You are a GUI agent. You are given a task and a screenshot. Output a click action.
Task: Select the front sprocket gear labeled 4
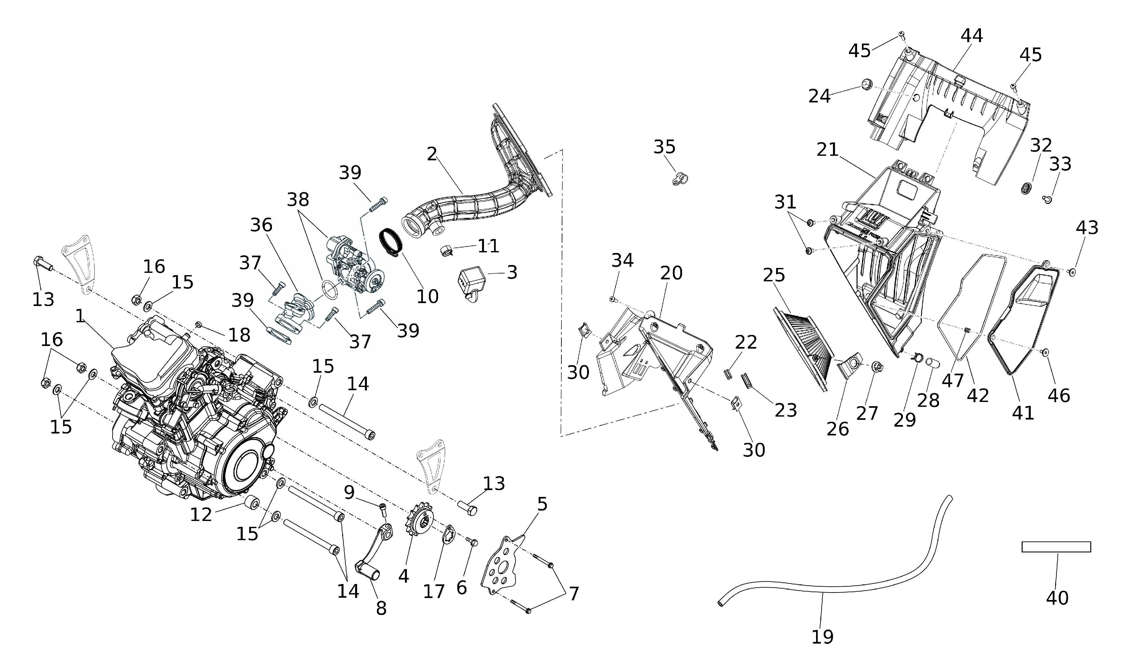coord(419,523)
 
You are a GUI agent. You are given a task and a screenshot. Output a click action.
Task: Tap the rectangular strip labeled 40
coord(1056,547)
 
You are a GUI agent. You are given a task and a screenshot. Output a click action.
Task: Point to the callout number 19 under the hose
coord(822,636)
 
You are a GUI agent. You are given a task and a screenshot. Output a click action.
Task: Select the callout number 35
coord(664,147)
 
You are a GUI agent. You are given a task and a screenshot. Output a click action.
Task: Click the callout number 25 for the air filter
coord(774,275)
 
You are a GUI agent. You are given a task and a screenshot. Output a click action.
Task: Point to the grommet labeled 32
coord(1025,188)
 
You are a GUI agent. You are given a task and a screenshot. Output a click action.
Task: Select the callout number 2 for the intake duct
coord(432,154)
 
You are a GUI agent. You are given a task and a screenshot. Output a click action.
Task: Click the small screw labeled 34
coord(612,299)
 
